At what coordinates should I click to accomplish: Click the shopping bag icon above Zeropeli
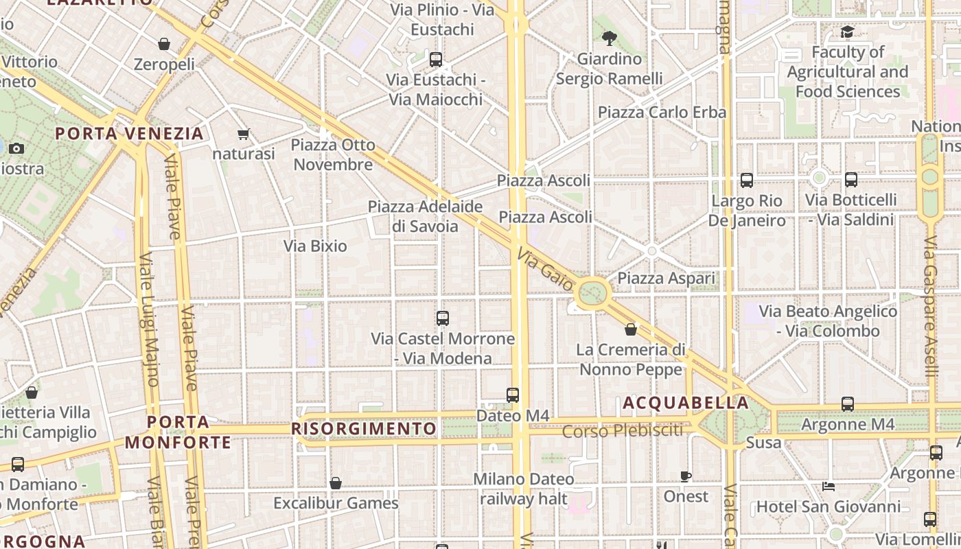pyautogui.click(x=164, y=45)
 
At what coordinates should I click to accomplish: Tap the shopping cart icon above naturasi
pyautogui.click(x=243, y=134)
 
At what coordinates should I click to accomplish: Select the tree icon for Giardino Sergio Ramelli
pyautogui.click(x=609, y=38)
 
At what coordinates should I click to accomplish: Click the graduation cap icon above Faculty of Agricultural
pyautogui.click(x=847, y=32)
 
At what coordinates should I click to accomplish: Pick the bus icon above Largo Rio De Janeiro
pyautogui.click(x=746, y=180)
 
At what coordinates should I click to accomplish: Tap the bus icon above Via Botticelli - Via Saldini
pyautogui.click(x=851, y=180)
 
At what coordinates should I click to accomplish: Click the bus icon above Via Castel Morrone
pyautogui.click(x=443, y=318)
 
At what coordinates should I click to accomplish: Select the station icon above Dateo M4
pyautogui.click(x=513, y=395)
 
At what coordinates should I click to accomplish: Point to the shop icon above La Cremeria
pyautogui.click(x=631, y=329)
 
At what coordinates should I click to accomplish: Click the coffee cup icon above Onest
pyautogui.click(x=685, y=476)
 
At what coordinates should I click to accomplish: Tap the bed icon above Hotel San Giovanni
pyautogui.click(x=829, y=487)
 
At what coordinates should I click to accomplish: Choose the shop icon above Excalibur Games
pyautogui.click(x=336, y=483)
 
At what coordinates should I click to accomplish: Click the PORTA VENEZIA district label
pyautogui.click(x=130, y=133)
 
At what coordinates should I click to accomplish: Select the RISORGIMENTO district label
pyautogui.click(x=364, y=429)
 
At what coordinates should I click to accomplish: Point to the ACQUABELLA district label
pyautogui.click(x=685, y=403)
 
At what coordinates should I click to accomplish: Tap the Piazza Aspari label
pyautogui.click(x=666, y=278)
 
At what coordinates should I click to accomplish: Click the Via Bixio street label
pyautogui.click(x=315, y=246)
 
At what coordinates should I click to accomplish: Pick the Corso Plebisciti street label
pyautogui.click(x=623, y=431)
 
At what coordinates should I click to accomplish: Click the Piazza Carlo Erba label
pyautogui.click(x=662, y=112)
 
